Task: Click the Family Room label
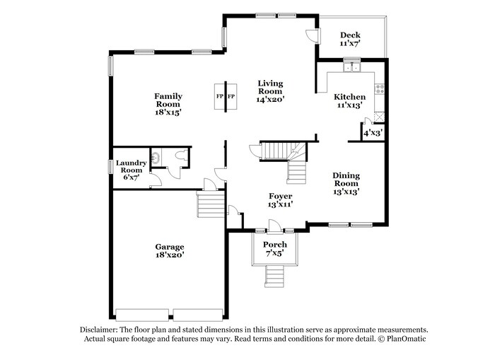168,104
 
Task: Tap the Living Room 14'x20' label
270,91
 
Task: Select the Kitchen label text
350,100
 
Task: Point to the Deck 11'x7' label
350,39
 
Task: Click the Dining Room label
346,183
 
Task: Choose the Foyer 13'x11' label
280,199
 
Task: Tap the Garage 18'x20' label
170,251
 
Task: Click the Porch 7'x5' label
275,248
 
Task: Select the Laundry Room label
131,170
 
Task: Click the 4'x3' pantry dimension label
372,132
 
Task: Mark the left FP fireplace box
219,96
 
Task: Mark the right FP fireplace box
231,96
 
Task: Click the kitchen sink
351,69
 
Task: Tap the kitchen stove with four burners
380,89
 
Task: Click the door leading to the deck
312,35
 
